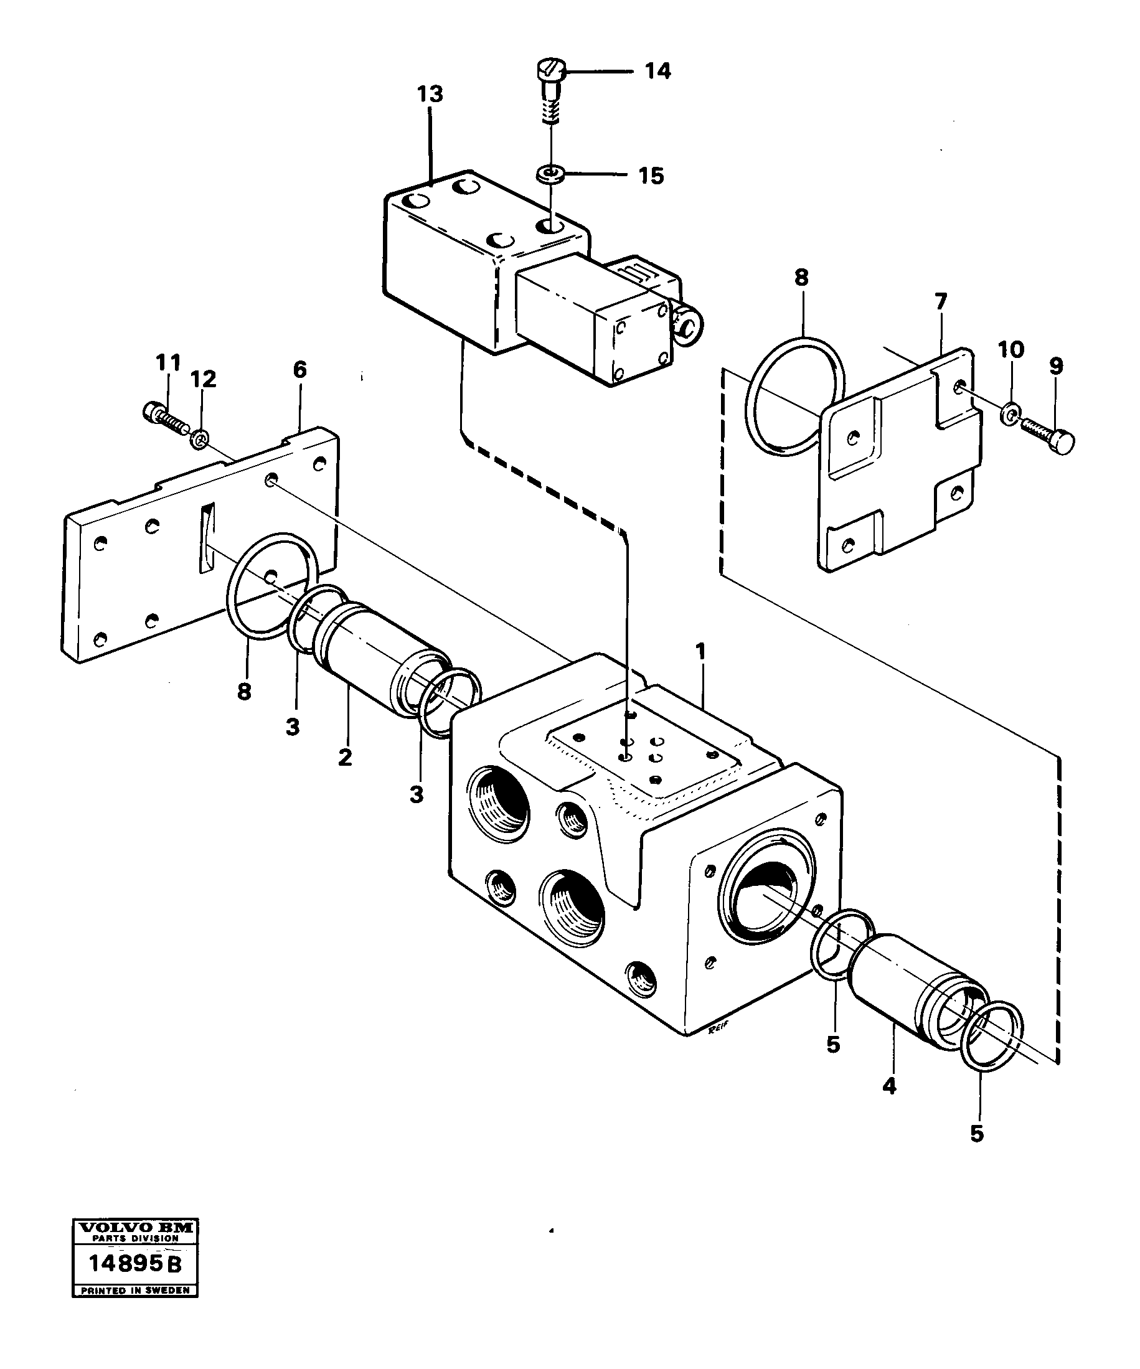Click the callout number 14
click(657, 71)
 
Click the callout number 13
click(430, 95)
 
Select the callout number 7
click(941, 302)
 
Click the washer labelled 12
click(200, 440)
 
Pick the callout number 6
click(299, 370)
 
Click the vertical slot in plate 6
click(207, 538)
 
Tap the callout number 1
click(700, 651)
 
